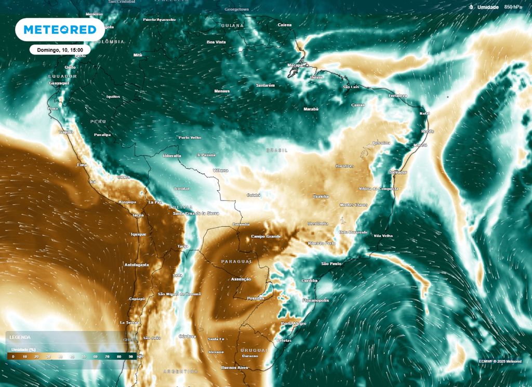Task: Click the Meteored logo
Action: point(60,30)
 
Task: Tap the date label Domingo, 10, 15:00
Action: point(60,50)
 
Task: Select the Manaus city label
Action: point(222,91)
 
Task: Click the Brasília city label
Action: point(321,196)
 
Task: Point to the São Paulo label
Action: point(331,264)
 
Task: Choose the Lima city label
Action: point(82,165)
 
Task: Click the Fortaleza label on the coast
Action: point(397,96)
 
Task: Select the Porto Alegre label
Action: point(294,324)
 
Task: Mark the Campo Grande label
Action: point(266,236)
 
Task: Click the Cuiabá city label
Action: point(253,195)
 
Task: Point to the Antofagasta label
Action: point(137,265)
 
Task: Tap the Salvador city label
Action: point(398,172)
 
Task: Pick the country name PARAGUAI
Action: point(236,261)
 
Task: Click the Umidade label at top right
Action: point(488,7)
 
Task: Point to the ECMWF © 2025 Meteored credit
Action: point(500,361)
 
